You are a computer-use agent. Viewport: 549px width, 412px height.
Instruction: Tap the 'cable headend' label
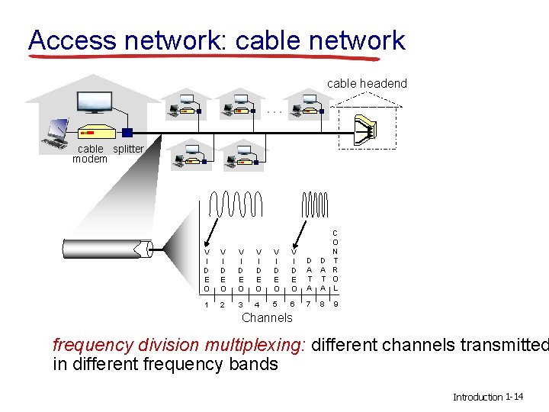pyautogui.click(x=367, y=83)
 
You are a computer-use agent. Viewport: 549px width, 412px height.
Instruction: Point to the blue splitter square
pyautogui.click(x=128, y=133)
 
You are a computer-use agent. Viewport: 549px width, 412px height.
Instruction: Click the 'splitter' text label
pyautogui.click(x=128, y=149)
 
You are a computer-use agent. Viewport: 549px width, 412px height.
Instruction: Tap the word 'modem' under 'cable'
pyautogui.click(x=89, y=159)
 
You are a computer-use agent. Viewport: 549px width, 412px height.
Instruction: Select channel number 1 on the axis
pyautogui.click(x=207, y=306)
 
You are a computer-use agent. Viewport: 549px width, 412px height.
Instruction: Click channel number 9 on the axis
pyautogui.click(x=336, y=306)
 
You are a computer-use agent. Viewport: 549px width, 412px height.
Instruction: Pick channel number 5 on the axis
pyautogui.click(x=275, y=306)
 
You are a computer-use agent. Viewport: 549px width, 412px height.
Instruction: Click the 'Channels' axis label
pyautogui.click(x=266, y=317)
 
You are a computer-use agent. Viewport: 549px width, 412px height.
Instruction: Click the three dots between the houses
pyautogui.click(x=275, y=111)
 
